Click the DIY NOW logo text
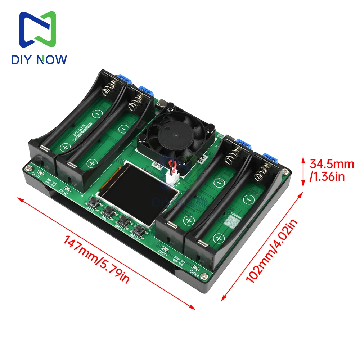39,59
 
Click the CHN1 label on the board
35,175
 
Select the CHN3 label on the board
163,255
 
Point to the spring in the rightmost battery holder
264,172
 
